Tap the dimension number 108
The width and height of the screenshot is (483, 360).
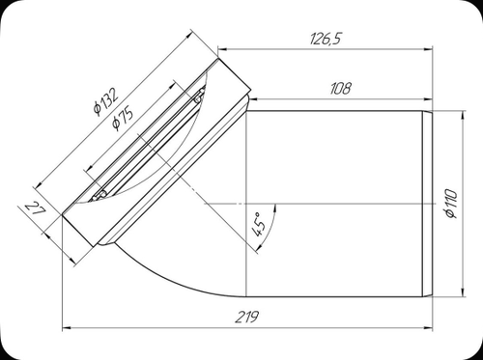[x=340, y=88]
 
